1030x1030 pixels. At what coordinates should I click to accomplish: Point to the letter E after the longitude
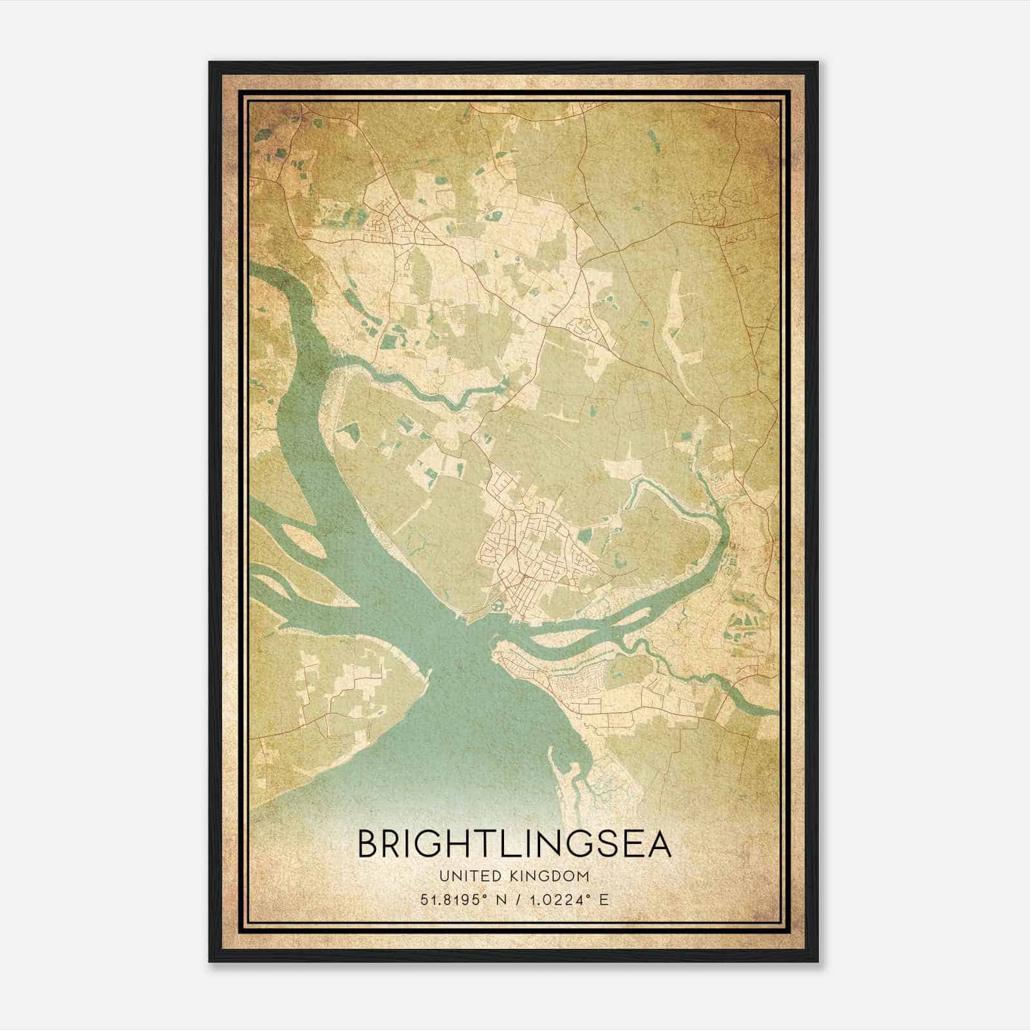[604, 899]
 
